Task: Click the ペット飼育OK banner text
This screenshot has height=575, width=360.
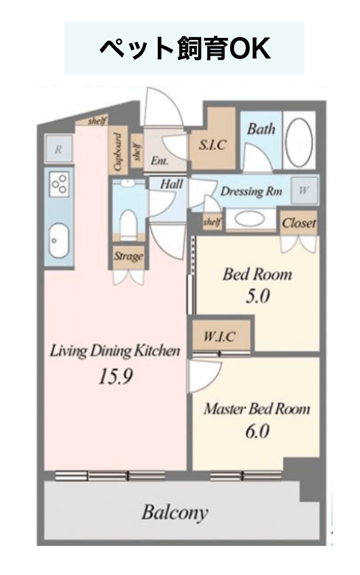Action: [x=185, y=49]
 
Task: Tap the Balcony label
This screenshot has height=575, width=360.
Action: [x=175, y=513]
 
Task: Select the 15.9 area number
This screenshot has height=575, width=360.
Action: [x=116, y=376]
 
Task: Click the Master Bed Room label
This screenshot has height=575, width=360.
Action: [x=256, y=409]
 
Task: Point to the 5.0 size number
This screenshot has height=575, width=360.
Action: [x=257, y=296]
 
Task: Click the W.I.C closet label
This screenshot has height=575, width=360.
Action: [x=219, y=337]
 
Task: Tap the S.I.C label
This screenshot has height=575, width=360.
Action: [x=212, y=145]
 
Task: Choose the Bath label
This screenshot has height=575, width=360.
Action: [x=261, y=129]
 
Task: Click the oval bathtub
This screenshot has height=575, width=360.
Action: [x=299, y=143]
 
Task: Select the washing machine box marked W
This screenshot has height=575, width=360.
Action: [x=303, y=190]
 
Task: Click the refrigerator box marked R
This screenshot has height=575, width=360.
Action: [x=58, y=149]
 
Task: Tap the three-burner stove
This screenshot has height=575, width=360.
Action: [x=60, y=184]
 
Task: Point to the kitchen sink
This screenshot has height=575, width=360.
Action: [x=59, y=241]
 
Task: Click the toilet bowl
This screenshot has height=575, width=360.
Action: [x=128, y=225]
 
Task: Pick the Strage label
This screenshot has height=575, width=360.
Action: [x=128, y=256]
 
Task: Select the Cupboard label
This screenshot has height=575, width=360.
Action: [x=118, y=152]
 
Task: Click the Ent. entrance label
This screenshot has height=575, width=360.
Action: [x=159, y=160]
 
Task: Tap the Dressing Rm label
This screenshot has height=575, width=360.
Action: [x=251, y=191]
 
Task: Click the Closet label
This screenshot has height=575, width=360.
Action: [x=298, y=223]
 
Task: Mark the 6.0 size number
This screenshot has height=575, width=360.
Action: [x=257, y=432]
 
